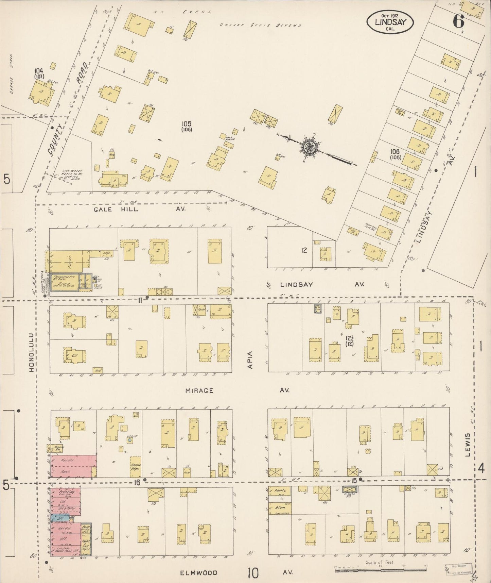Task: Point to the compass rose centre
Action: (x=310, y=147)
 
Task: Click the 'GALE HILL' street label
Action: (x=116, y=209)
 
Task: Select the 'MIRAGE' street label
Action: (x=199, y=390)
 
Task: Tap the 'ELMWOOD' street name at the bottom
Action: (x=198, y=572)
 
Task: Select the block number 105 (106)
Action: (x=187, y=126)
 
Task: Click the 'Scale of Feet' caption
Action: (x=380, y=562)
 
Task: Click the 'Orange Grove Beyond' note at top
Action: (x=260, y=25)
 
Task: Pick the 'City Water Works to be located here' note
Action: (x=72, y=174)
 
